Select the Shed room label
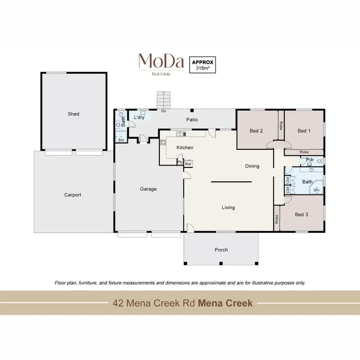[x=73, y=114]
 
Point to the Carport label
[x=73, y=195]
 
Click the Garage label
[x=148, y=189]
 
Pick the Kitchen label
[x=185, y=147]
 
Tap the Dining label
[x=252, y=166]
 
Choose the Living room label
[x=228, y=208]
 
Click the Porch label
[x=221, y=250]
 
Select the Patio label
[x=192, y=120]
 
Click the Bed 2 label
[x=256, y=131]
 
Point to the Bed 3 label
[x=301, y=215]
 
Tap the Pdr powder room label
[x=310, y=160]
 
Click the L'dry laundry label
[x=139, y=118]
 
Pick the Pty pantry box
[x=180, y=162]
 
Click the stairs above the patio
[x=164, y=100]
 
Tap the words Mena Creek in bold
[x=225, y=303]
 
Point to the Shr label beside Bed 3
[x=317, y=190]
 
